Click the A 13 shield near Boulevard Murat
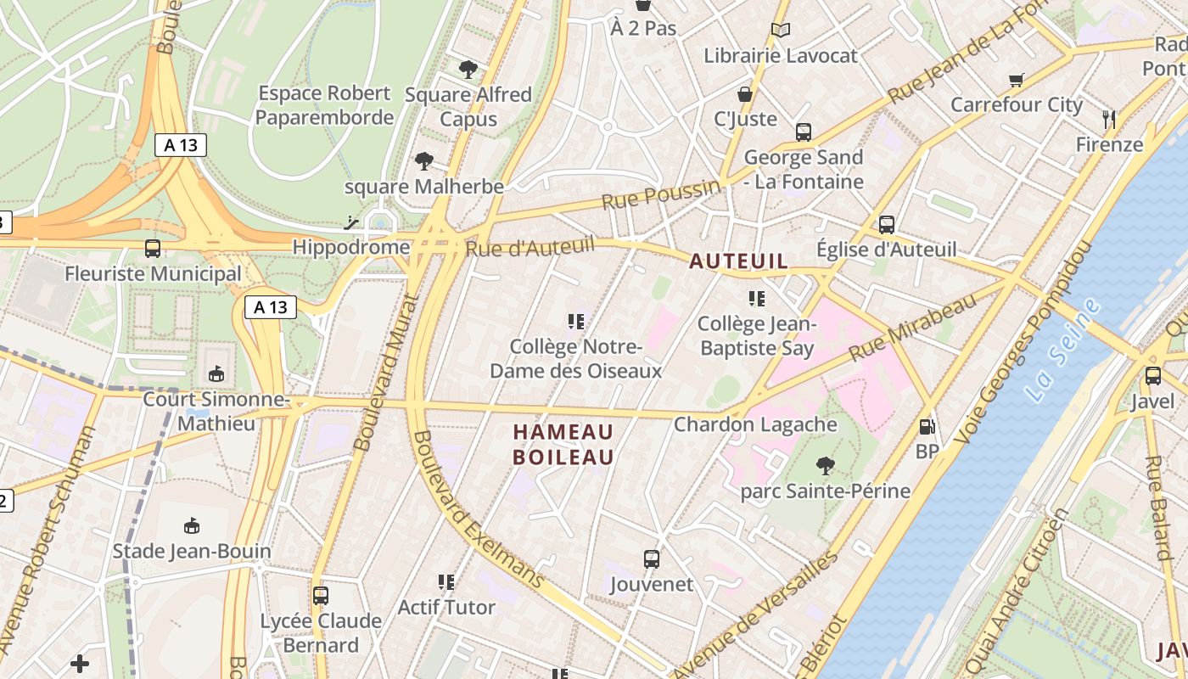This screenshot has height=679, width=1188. pyautogui.click(x=271, y=307)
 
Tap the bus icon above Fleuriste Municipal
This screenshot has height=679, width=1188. pyautogui.click(x=153, y=249)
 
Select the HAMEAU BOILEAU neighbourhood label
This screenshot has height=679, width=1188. pyautogui.click(x=563, y=445)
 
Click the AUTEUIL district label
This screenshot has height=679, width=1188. pyautogui.click(x=738, y=261)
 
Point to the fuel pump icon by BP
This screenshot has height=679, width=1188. pyautogui.click(x=927, y=427)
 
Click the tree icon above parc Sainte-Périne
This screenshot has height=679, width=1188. pyautogui.click(x=824, y=465)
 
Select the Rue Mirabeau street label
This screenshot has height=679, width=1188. pyautogui.click(x=913, y=328)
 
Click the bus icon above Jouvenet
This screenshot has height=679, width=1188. pyautogui.click(x=652, y=559)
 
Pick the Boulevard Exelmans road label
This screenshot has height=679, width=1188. pyautogui.click(x=477, y=510)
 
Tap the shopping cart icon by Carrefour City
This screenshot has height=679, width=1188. pyautogui.click(x=1017, y=81)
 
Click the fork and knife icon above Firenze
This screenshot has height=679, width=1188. pyautogui.click(x=1108, y=119)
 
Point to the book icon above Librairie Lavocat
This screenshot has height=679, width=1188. pyautogui.click(x=781, y=31)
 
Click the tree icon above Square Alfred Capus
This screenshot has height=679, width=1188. pyautogui.click(x=468, y=69)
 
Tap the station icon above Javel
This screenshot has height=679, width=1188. pyautogui.click(x=1152, y=376)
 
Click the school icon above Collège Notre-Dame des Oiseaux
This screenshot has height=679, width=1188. pyautogui.click(x=576, y=321)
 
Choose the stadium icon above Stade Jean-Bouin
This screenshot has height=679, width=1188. pyautogui.click(x=192, y=525)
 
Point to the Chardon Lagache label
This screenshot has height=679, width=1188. pyautogui.click(x=755, y=424)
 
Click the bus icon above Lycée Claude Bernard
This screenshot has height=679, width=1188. pyautogui.click(x=320, y=596)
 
